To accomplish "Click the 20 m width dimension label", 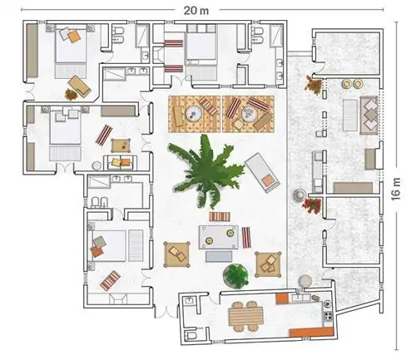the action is click(196, 11).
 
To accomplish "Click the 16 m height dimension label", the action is click(396, 189).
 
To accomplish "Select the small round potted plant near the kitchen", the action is click(235, 275).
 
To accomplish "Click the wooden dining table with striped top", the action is click(245, 317).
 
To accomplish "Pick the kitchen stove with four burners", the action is click(329, 316).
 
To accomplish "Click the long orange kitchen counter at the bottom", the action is click(311, 332).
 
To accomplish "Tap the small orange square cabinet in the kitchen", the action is click(282, 298).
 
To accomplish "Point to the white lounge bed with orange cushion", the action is click(263, 172).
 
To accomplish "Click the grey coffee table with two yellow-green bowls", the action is click(219, 237).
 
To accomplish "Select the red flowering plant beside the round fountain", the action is click(313, 205).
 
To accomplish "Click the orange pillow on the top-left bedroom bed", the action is click(74, 37).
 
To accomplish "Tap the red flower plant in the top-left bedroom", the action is click(71, 94).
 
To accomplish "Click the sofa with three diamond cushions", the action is click(369, 115).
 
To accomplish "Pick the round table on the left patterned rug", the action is click(194, 114).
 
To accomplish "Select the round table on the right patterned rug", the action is click(250, 114).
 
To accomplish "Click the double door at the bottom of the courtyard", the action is click(166, 312).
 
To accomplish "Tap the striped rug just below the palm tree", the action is click(220, 216).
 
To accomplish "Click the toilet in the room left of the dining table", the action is click(191, 335).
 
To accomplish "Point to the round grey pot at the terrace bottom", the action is click(305, 280).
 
